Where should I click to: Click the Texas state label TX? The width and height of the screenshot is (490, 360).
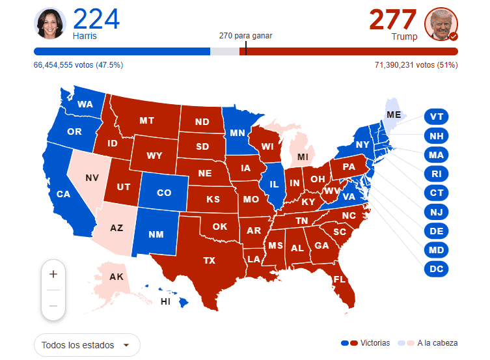[209, 260]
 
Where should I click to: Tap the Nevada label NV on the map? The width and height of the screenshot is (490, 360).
[92, 177]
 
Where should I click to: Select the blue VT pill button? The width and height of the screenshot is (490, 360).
[437, 117]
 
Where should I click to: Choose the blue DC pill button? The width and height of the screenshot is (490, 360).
[437, 268]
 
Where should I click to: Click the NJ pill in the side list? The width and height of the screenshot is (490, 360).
[437, 212]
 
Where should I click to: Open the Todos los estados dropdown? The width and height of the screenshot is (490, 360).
[87, 345]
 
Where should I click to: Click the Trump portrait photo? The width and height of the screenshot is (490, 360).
[441, 25]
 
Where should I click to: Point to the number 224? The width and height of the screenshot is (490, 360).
[96, 19]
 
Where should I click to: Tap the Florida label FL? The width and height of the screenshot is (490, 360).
[339, 279]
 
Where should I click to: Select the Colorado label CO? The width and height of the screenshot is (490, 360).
[164, 193]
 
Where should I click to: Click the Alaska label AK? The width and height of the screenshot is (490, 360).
[116, 277]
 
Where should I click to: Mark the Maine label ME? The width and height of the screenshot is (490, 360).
[394, 115]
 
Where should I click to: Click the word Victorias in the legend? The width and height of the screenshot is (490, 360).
[375, 342]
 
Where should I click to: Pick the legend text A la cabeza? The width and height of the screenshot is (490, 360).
[437, 342]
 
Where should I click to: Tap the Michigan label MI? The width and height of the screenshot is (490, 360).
[303, 157]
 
